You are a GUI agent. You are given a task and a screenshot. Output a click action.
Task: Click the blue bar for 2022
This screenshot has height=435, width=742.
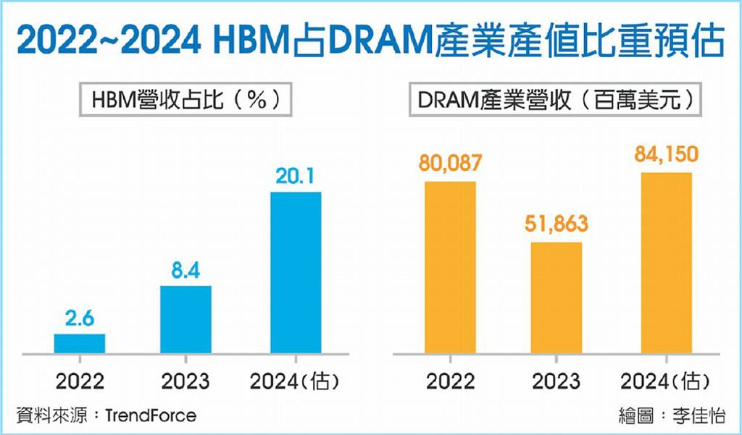pyautogui.click(x=80, y=344)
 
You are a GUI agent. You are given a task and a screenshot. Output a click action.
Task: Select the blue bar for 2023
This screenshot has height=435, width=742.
pyautogui.click(x=185, y=319)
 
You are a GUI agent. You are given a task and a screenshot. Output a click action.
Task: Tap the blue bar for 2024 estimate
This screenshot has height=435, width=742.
pyautogui.click(x=296, y=273)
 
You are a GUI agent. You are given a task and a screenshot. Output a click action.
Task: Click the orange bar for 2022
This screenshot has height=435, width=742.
pyautogui.click(x=450, y=267)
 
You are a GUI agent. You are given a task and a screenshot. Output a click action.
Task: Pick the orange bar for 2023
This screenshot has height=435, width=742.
pyautogui.click(x=556, y=297)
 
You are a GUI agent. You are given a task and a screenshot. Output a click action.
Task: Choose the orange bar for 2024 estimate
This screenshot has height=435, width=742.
pyautogui.click(x=666, y=263)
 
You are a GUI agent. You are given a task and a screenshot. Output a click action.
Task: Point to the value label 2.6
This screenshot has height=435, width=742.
pyautogui.click(x=79, y=318)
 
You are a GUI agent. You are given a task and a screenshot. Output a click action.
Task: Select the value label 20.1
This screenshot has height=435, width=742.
pyautogui.click(x=296, y=177)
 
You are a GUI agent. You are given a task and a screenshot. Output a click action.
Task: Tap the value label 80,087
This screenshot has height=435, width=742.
pyautogui.click(x=450, y=164)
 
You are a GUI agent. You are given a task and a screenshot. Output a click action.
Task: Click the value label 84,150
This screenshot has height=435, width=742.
pyautogui.click(x=666, y=156)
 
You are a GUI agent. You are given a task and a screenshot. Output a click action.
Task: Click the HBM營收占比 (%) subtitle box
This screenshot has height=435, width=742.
pyautogui.click(x=185, y=100)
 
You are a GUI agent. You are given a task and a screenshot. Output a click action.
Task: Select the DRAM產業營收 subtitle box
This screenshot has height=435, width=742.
pyautogui.click(x=556, y=100)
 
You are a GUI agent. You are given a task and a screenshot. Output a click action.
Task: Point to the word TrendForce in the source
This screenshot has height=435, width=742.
pyautogui.click(x=150, y=416)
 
